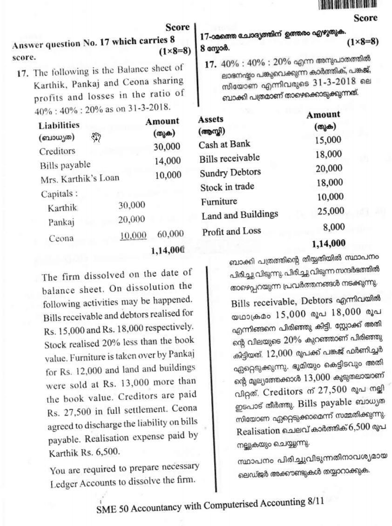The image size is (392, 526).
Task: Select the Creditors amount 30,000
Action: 167,146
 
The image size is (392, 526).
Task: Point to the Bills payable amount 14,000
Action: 167,161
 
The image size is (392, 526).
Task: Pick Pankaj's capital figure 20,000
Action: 132,219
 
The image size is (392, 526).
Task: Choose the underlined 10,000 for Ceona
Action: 133,236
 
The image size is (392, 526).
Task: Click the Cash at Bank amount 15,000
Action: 328,140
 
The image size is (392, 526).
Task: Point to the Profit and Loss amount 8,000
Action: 334,227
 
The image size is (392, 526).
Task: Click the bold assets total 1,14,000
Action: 329,243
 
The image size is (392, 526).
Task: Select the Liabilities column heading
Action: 59,125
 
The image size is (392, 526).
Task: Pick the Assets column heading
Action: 211,119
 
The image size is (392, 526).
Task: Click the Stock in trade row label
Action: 227,187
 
